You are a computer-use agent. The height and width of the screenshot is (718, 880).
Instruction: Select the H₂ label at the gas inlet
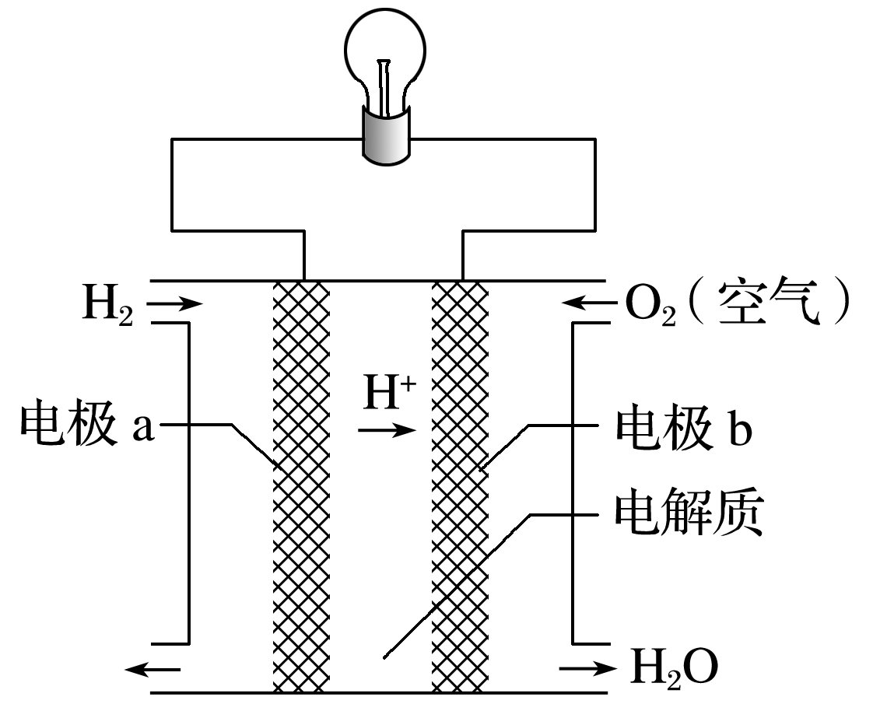[108, 306]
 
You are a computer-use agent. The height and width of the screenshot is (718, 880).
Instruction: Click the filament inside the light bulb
[384, 86]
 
